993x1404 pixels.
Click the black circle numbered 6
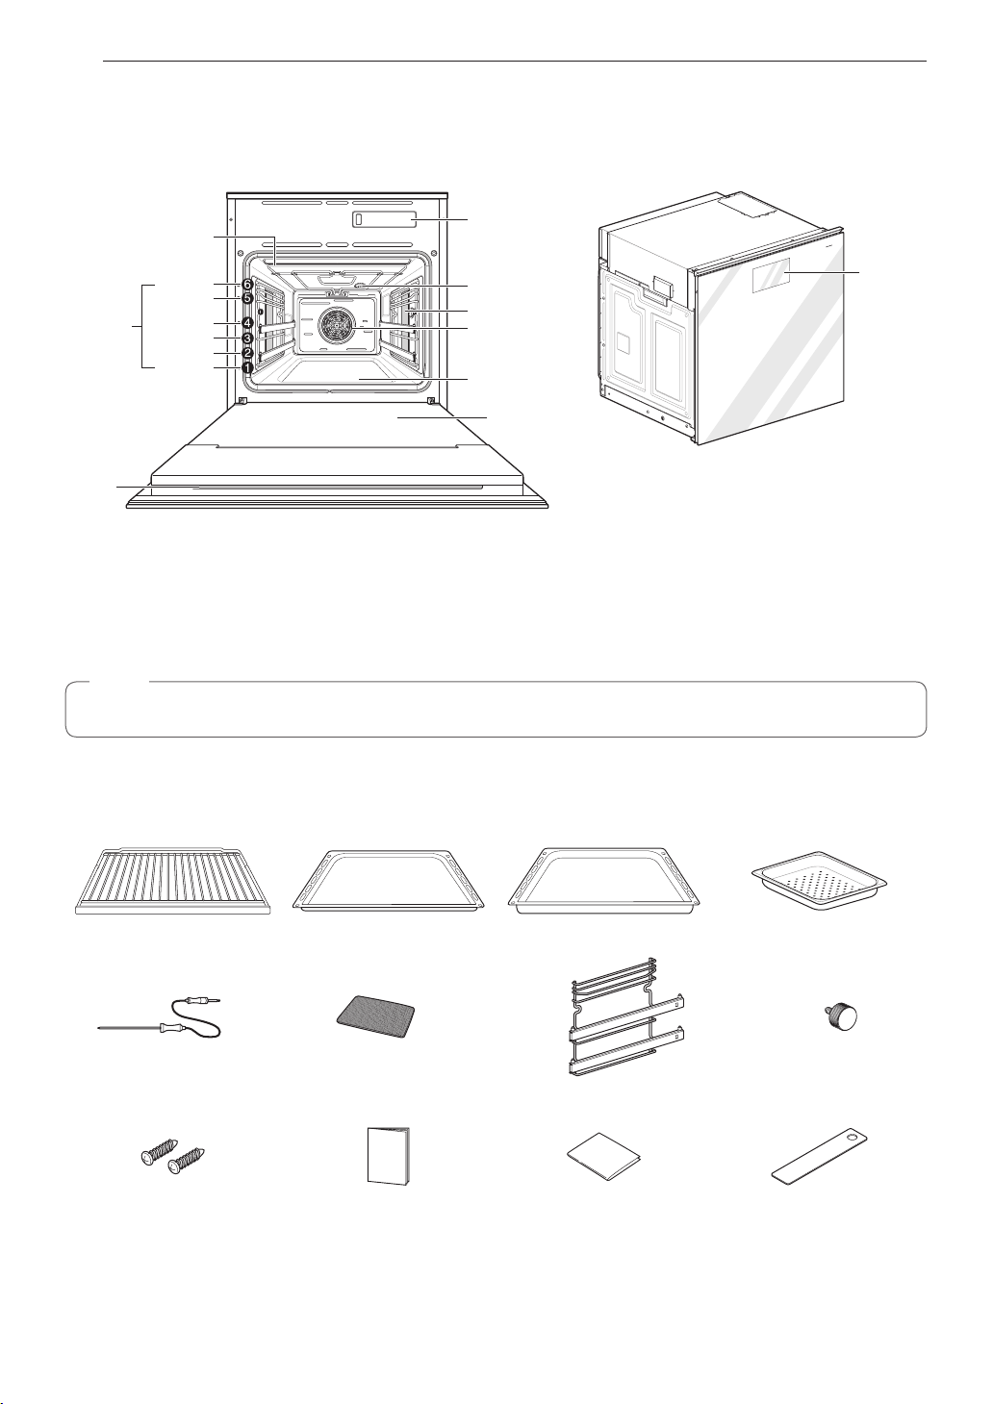point(247,285)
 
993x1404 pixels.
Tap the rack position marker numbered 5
point(247,298)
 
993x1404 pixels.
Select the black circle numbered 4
point(247,323)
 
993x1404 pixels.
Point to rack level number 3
point(247,338)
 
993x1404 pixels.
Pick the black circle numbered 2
point(247,353)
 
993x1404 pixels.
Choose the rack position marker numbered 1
point(247,368)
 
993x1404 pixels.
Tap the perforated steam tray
point(819,880)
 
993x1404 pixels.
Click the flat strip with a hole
point(823,1157)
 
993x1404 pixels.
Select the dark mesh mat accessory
point(376,1021)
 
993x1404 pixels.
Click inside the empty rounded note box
point(496,709)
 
